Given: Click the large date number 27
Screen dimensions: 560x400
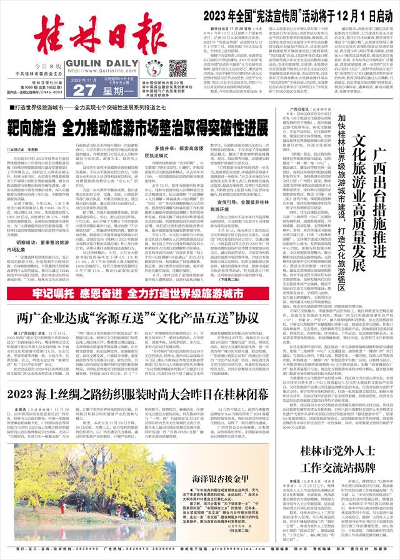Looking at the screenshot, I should tap(73, 91).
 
